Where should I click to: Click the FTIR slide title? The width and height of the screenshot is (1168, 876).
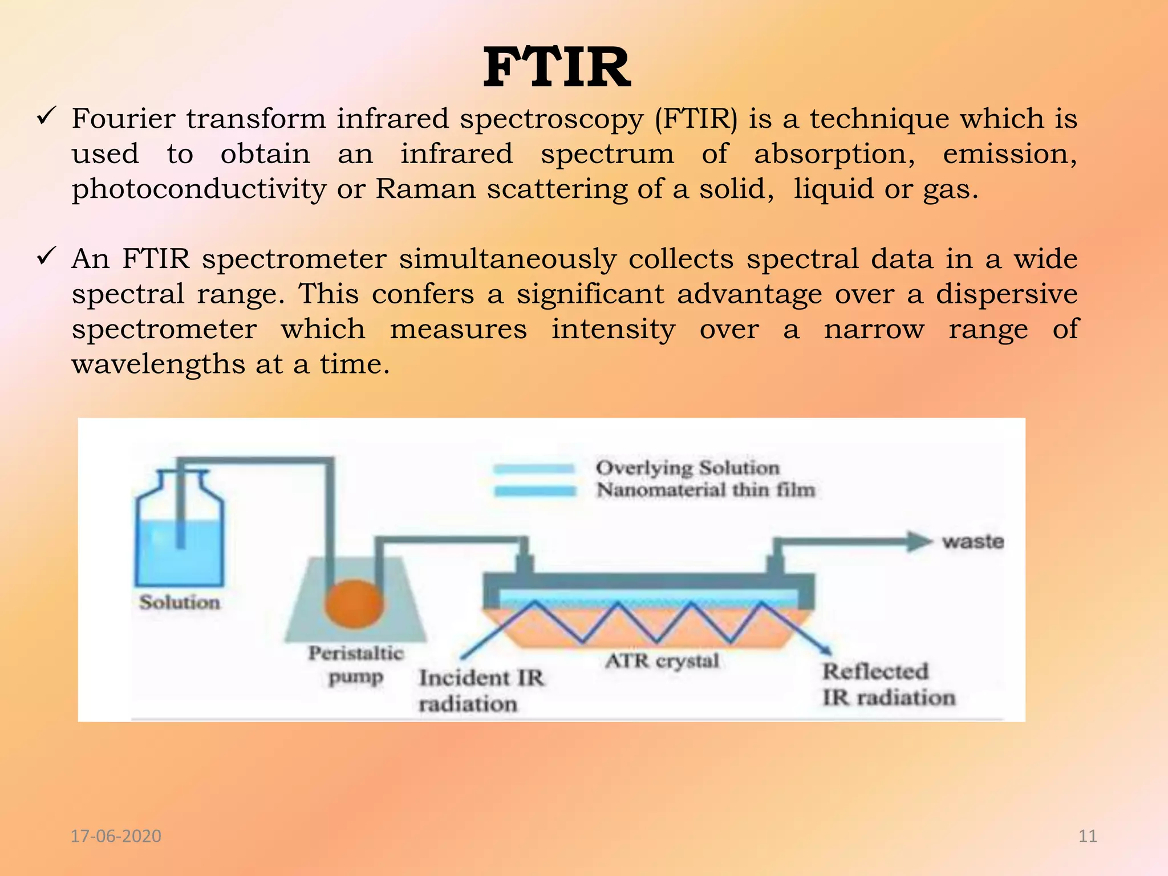pos(557,68)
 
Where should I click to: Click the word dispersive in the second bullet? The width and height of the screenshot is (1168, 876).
pos(1007,294)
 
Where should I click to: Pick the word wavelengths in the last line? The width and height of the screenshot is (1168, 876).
pos(158,364)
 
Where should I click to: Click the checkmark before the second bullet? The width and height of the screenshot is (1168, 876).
pos(45,257)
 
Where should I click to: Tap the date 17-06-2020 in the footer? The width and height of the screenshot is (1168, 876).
pos(116,836)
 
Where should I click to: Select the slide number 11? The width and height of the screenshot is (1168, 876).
pos(1088,836)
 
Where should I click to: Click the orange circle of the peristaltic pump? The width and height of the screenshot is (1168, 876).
pos(354,603)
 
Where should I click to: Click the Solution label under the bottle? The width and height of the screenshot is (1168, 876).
pos(180,602)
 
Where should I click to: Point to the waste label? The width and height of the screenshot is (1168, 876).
pos(973,541)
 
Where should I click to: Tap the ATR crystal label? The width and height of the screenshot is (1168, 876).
pos(662,661)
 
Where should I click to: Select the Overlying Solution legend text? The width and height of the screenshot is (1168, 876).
pos(688,468)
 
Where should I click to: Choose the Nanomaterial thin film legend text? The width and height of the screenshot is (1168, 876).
pos(706,490)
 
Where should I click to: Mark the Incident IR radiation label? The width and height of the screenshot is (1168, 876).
pos(481,691)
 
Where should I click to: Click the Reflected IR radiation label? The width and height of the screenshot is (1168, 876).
pos(888,684)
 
